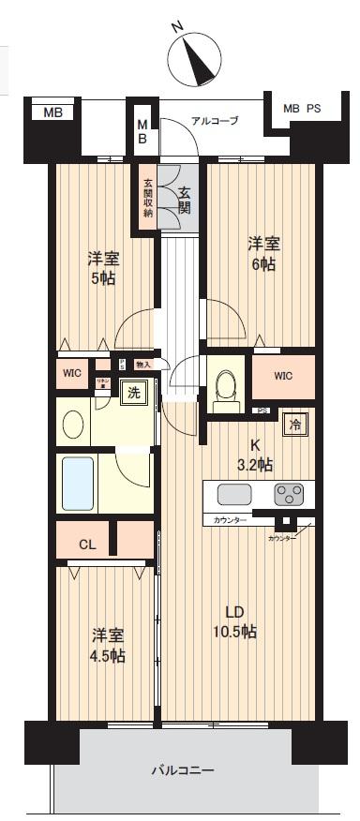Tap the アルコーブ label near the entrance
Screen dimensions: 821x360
(215, 121)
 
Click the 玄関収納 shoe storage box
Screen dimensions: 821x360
(148, 198)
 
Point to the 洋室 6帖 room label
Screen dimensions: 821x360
(263, 254)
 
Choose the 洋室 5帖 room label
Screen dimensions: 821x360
(102, 268)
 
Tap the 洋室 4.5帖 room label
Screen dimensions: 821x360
(108, 645)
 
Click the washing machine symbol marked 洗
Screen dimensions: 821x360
(133, 394)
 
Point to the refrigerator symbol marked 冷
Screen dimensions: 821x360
(293, 423)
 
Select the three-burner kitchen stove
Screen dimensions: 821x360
(289, 495)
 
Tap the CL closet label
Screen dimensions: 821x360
(85, 544)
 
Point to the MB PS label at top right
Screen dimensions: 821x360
(302, 108)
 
